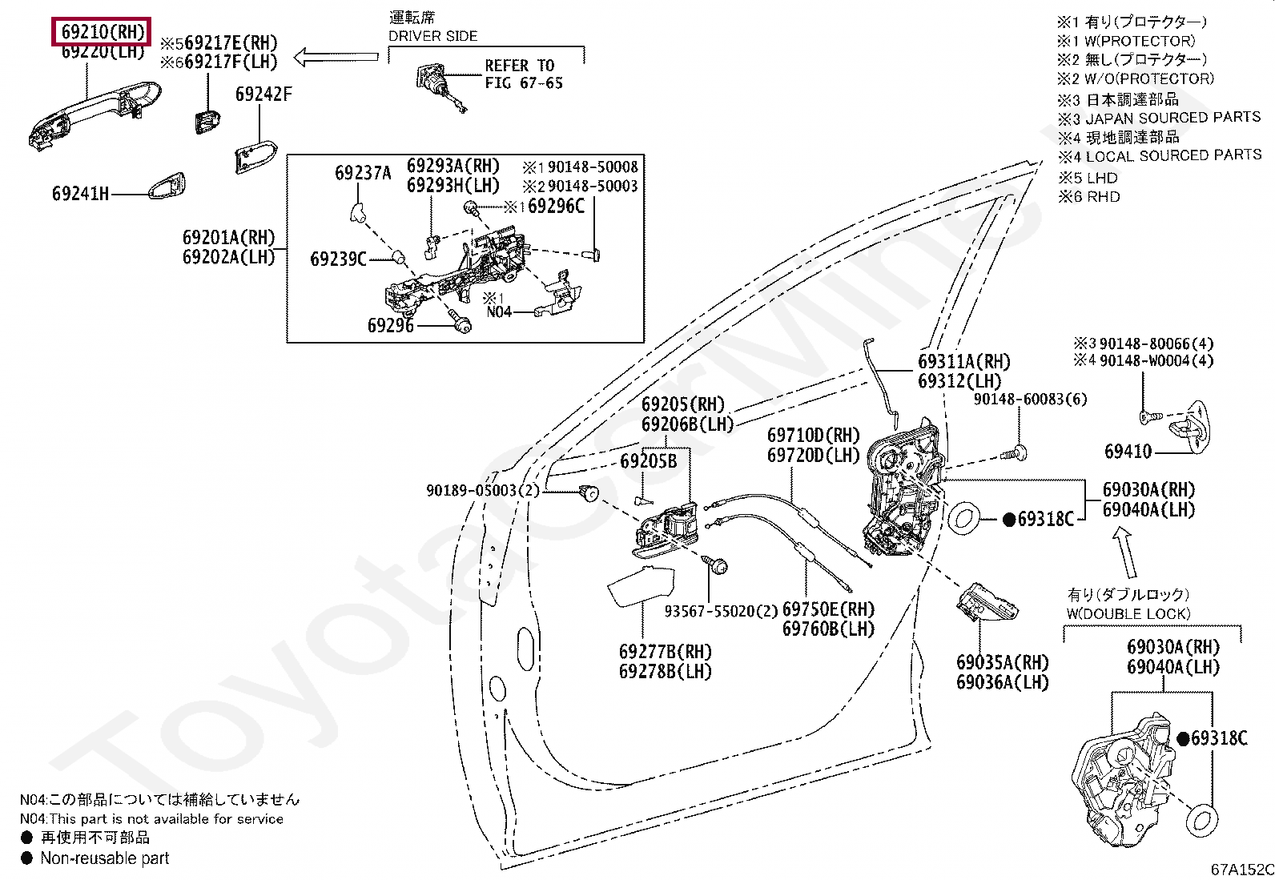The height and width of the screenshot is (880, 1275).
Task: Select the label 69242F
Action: point(263,94)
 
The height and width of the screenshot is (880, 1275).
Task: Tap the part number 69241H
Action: point(80,194)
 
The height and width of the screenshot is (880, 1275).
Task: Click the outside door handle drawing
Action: point(92,112)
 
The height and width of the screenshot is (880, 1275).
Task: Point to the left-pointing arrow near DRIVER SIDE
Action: point(336,57)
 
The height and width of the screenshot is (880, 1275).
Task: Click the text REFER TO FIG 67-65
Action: point(523,74)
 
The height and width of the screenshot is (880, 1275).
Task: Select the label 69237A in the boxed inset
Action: point(363,173)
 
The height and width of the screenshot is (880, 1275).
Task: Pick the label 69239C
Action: point(338,259)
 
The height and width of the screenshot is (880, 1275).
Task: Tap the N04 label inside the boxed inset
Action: point(498,311)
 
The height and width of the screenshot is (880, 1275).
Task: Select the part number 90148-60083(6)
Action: point(1030,399)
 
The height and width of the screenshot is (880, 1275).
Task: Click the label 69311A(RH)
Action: point(964,362)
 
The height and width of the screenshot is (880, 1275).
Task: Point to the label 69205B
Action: point(648,462)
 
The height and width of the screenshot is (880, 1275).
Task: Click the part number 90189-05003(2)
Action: point(483,490)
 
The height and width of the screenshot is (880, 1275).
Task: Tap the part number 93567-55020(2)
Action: point(721,611)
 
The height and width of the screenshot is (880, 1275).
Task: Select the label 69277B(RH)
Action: point(665,652)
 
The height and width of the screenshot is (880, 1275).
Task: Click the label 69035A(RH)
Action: point(1002,662)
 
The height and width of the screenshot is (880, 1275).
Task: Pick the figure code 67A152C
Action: point(1241,870)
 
